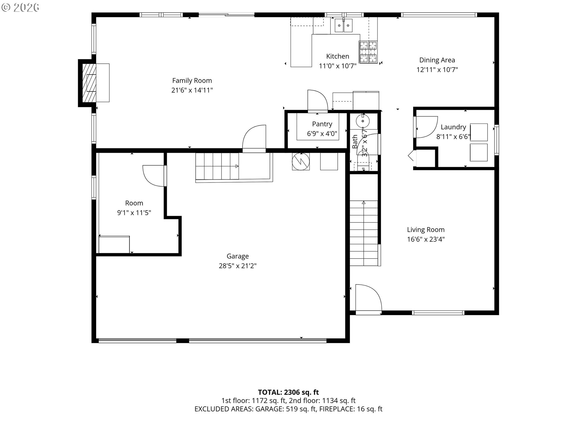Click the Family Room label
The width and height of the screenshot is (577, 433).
pos(192,81)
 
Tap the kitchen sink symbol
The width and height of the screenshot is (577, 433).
pos(343,25)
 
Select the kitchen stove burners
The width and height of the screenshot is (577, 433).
pos(368,52)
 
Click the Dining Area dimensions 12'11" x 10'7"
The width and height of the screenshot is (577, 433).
pos(437,70)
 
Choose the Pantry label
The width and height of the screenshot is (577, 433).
pos(322,124)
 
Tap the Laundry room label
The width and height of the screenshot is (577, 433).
pos(453,127)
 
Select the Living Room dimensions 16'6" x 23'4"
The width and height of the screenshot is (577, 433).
pos(426,239)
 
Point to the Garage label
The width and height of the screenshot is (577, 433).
pos(238,256)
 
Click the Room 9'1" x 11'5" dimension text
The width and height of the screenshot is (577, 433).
pos(134,213)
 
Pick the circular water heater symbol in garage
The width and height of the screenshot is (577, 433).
pos(301,161)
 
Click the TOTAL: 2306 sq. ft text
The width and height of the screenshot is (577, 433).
pos(288,392)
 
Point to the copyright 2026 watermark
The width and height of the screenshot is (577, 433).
pos(20,8)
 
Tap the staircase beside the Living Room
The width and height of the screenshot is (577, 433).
pos(364,233)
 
